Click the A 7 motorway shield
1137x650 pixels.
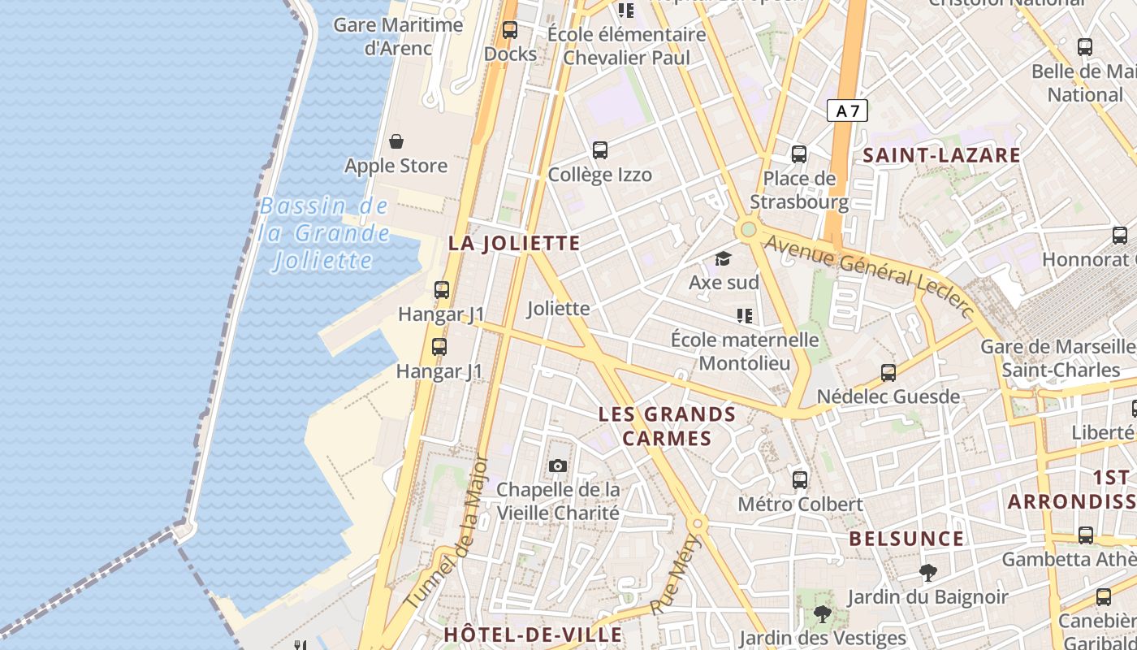847,110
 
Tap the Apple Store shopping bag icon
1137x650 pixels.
396,142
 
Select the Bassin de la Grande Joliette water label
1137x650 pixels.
324,233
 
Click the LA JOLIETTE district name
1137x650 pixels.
514,243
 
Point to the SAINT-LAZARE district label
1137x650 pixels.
941,155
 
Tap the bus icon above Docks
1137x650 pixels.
510,30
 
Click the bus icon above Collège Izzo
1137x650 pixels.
600,150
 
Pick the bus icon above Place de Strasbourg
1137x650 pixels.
799,154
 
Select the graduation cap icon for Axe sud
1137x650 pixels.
723,259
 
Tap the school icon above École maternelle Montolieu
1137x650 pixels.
745,316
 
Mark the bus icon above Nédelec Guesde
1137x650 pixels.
888,373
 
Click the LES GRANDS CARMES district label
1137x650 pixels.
667,427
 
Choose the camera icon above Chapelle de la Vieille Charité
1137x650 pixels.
557,466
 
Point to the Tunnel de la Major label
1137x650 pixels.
447,532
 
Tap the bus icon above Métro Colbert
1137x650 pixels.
800,480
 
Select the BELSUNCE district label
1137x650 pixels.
906,539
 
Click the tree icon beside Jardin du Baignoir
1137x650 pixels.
927,573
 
